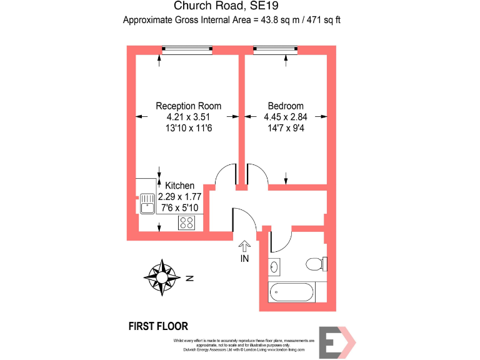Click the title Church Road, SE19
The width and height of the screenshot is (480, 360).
[231, 7]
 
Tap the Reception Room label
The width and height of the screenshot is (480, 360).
[188, 106]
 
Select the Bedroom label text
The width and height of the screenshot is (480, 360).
[286, 106]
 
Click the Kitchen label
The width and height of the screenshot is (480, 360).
[179, 186]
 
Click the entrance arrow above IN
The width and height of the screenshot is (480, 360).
[244, 247]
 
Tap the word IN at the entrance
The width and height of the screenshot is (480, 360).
[244, 258]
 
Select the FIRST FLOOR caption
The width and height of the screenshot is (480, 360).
[157, 326]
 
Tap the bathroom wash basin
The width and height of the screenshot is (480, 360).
[276, 266]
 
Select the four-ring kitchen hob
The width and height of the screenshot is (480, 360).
[187, 222]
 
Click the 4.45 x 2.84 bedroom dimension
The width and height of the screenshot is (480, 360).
[286, 117]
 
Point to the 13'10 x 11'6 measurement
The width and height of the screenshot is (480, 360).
[188, 128]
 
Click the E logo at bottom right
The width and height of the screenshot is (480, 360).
[336, 342]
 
